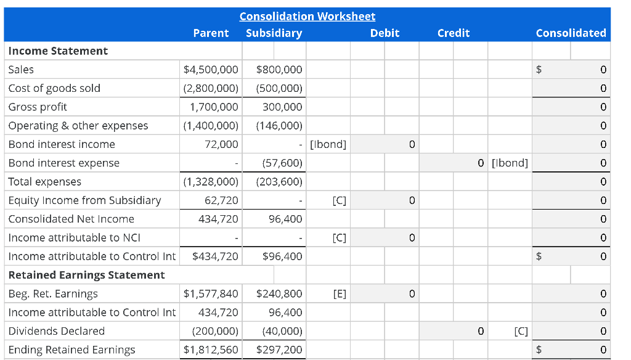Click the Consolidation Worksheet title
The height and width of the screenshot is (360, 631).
(x=307, y=17)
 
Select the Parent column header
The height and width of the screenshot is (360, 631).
(x=211, y=33)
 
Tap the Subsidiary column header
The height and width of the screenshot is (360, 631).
(x=274, y=33)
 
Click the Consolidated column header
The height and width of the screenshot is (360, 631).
(x=571, y=33)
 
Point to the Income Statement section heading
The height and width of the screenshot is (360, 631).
(x=58, y=51)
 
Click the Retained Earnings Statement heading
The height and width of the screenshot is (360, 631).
(x=86, y=275)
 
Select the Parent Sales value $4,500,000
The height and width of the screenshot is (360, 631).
(x=211, y=70)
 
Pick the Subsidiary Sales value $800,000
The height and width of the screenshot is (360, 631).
(x=279, y=70)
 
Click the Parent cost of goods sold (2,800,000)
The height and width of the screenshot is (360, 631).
(x=211, y=88)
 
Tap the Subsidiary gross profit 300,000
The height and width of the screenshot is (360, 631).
(x=282, y=107)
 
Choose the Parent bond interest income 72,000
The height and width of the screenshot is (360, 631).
(x=221, y=144)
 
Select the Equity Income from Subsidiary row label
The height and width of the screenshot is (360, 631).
(x=84, y=200)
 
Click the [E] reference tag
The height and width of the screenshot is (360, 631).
(x=339, y=294)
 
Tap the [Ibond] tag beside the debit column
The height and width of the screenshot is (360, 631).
(x=328, y=144)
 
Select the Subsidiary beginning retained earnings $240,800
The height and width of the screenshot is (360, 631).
(x=279, y=294)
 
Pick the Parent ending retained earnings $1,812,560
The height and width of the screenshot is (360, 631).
(x=211, y=350)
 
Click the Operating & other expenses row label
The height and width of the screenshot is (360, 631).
(x=78, y=126)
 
